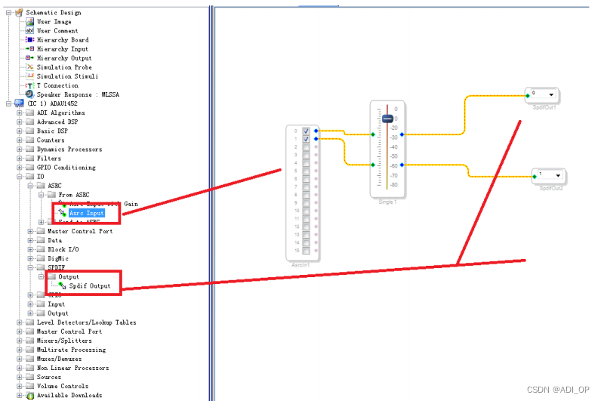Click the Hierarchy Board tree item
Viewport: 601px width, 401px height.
point(62,40)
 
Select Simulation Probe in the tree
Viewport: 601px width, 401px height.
point(64,67)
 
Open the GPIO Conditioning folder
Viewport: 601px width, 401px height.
point(66,168)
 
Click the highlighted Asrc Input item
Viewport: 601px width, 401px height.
point(86,213)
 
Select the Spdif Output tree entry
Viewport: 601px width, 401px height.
point(90,286)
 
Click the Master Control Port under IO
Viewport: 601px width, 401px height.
point(79,231)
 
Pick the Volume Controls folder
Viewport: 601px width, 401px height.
point(61,386)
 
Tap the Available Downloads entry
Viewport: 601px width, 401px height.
point(69,395)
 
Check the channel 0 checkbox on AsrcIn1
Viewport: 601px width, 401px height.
point(306,131)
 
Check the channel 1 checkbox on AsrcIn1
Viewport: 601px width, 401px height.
point(306,140)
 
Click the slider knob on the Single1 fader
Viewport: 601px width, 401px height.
point(387,119)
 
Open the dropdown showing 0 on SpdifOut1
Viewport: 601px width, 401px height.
point(553,94)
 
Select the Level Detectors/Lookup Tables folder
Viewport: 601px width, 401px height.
point(86,322)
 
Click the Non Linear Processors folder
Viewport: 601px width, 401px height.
point(72,368)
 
